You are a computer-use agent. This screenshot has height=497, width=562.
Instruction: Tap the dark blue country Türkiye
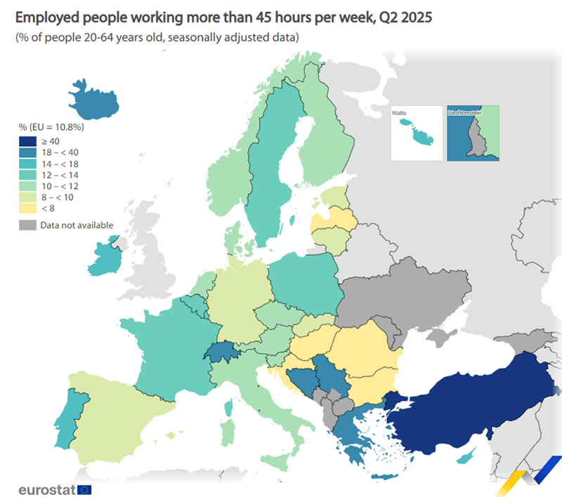point(478,400)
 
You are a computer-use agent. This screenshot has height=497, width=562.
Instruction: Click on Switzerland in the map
point(221,352)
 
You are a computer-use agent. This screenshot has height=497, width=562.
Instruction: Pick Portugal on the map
point(74,421)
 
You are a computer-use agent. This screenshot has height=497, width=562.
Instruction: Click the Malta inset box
point(416,133)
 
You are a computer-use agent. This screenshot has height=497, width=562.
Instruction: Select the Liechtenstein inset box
point(473,133)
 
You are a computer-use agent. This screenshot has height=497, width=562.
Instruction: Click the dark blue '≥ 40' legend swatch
point(27,141)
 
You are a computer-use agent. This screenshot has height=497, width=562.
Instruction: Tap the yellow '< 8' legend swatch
point(27,208)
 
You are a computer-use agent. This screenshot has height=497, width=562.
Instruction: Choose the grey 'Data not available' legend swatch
point(27,225)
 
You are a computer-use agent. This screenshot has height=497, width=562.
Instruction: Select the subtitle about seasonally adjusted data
point(158,37)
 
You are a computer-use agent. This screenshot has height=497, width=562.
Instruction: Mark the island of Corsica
point(228,406)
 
